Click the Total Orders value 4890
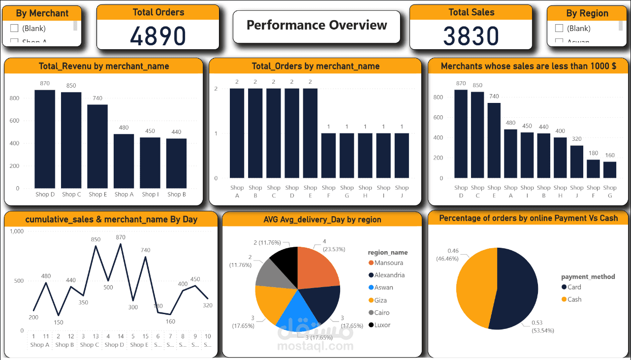pyautogui.click(x=158, y=36)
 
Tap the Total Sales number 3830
pyautogui.click(x=471, y=36)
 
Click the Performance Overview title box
pyautogui.click(x=316, y=26)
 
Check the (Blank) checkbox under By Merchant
pyautogui.click(x=14, y=29)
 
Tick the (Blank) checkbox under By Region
pyautogui.click(x=559, y=29)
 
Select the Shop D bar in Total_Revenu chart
pyautogui.click(x=45, y=138)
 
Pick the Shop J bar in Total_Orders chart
pyautogui.click(x=402, y=155)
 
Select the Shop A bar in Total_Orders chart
pyautogui.click(x=237, y=133)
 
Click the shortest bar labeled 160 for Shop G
pyautogui.click(x=610, y=169)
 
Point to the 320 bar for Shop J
pyautogui.click(x=577, y=162)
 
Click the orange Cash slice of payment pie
pyautogui.click(x=475, y=288)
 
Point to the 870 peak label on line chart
pyautogui.click(x=121, y=237)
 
